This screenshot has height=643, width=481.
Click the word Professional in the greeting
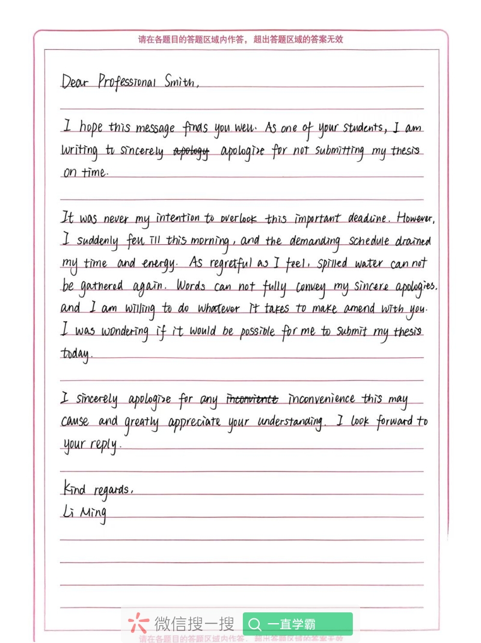126,82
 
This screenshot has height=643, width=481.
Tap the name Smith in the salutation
180,82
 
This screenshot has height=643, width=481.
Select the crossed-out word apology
191,152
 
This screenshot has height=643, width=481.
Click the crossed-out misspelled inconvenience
252,399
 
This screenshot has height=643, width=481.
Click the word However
414,218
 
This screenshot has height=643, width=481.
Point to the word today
76,354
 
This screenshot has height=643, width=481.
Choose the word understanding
290,422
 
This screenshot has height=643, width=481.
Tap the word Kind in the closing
75,488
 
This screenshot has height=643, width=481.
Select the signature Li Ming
84,512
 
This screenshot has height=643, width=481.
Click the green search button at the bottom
297,624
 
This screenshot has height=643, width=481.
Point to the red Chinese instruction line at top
240,40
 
